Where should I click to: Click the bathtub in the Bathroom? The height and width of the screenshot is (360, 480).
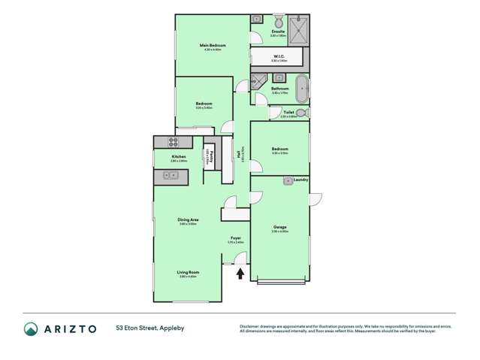point(301,88)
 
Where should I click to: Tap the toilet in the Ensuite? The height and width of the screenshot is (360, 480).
point(278,21)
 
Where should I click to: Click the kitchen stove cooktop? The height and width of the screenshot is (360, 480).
point(172,141)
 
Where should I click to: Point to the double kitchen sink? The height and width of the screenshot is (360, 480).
point(170,175)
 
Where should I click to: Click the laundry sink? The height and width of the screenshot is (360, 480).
point(288,181)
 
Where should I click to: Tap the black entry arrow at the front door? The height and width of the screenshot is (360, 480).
point(240,274)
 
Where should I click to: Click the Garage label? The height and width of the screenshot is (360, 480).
point(279,227)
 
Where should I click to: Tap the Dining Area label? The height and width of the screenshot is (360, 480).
point(187,219)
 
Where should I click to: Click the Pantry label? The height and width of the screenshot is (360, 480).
point(211,156)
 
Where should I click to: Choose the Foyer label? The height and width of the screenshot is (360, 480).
point(235,237)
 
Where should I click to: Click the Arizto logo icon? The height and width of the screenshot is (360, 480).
point(31,328)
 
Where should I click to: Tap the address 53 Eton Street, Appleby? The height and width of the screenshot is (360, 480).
point(149,328)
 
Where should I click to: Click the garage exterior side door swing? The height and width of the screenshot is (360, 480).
point(315,198)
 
